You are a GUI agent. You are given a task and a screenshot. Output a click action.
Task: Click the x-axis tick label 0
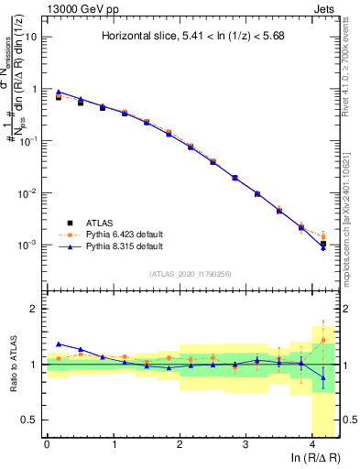pyautogui.click(x=47, y=444)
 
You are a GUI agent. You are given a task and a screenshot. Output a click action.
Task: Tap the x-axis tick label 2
pyautogui.click(x=180, y=444)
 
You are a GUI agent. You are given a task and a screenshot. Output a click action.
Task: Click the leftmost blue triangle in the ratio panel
pyautogui.click(x=59, y=344)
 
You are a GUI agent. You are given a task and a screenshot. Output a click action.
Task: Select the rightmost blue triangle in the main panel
pyautogui.click(x=322, y=248)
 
